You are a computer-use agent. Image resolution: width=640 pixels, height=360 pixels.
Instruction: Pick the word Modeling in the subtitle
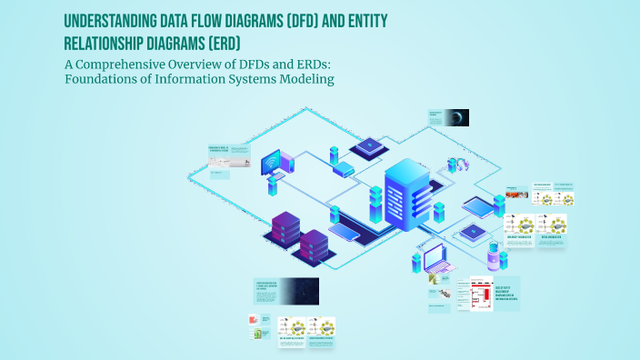click(307, 79)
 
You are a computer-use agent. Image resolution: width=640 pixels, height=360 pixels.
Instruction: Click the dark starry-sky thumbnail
click(299, 291)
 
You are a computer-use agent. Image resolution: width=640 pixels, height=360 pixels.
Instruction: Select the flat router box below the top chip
click(344, 169)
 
